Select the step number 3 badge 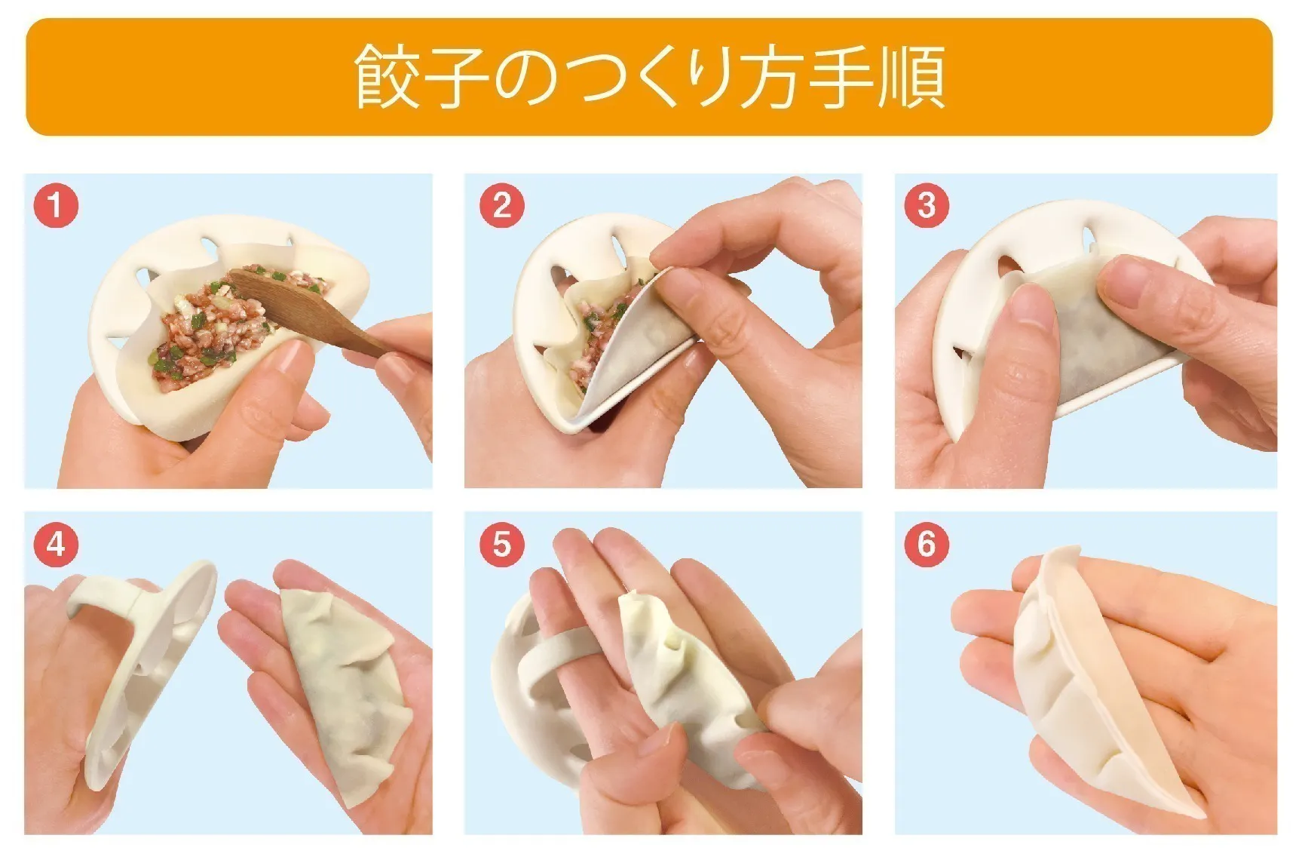click(927, 204)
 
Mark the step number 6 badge click(927, 543)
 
